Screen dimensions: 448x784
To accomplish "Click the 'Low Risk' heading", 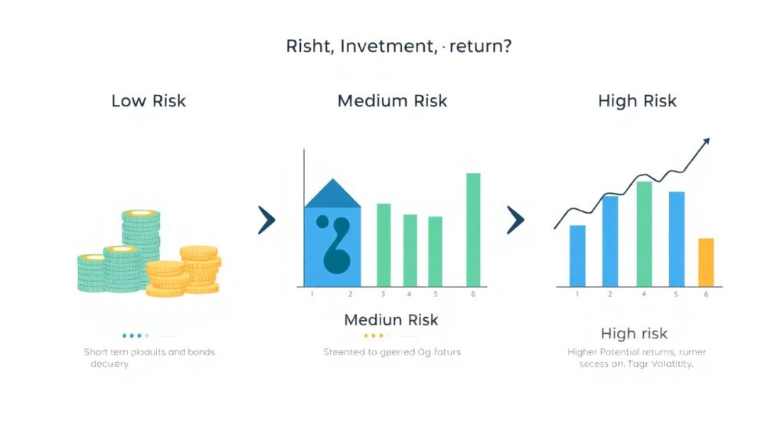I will coord(149,101).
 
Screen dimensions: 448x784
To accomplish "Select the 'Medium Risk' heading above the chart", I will coord(392,101).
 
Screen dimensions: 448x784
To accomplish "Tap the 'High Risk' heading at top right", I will coord(637,101).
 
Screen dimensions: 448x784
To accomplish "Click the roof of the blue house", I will coord(332,195).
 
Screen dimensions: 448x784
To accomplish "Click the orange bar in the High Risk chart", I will coord(706,262).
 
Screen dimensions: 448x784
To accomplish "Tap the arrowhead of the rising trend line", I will coord(706,141).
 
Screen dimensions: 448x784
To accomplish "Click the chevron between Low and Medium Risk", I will coord(266,221).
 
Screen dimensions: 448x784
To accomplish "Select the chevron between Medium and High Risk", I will coord(514,221).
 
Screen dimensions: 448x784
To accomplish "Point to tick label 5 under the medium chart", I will coord(435,294).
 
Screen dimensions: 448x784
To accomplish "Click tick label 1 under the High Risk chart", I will coord(577,294).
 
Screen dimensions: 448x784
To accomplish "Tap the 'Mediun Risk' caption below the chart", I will coord(391,319).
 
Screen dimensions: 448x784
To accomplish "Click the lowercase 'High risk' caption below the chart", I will coord(634,333).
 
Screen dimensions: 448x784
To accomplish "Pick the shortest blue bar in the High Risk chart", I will coord(577,255).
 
